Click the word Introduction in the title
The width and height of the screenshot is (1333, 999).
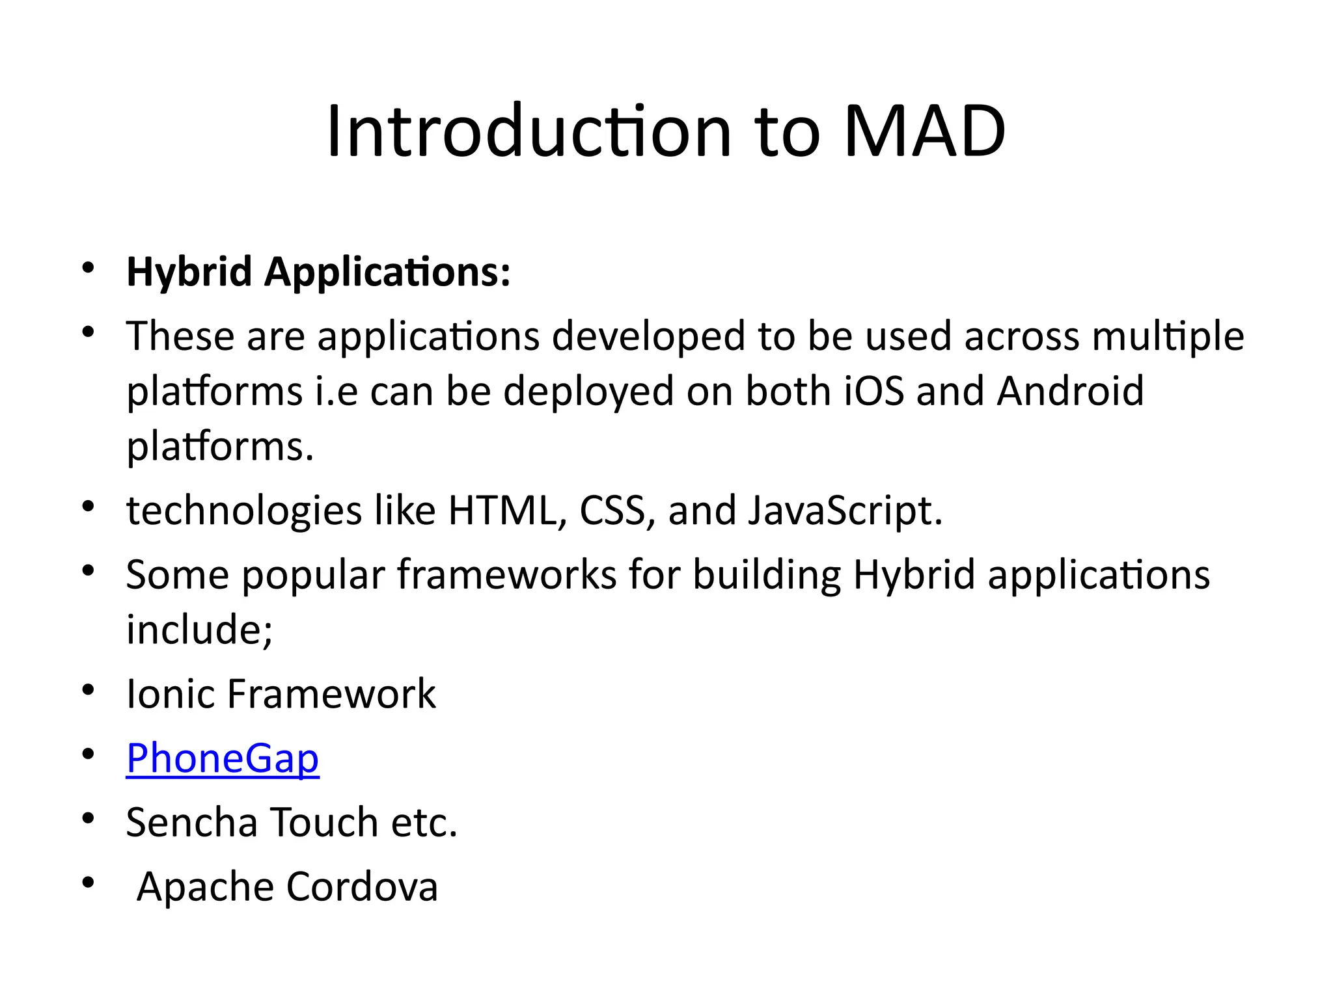pyautogui.click(x=529, y=132)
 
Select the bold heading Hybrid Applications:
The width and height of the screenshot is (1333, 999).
pyautogui.click(x=318, y=271)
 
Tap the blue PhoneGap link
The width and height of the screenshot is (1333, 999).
pyautogui.click(x=223, y=758)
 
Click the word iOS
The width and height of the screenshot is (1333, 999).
pyautogui.click(x=874, y=391)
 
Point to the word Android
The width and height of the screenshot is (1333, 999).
pyautogui.click(x=1070, y=391)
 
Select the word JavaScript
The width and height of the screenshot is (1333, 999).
pyautogui.click(x=844, y=510)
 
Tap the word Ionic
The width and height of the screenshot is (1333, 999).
pyautogui.click(x=170, y=693)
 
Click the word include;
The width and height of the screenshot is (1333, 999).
pyautogui.click(x=199, y=630)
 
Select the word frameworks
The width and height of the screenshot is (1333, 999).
pyautogui.click(x=506, y=575)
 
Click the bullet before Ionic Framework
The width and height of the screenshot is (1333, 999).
pyautogui.click(x=89, y=689)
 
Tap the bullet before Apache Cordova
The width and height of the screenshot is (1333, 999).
pyautogui.click(x=89, y=883)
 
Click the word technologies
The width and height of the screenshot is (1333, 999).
pyautogui.click(x=244, y=511)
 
